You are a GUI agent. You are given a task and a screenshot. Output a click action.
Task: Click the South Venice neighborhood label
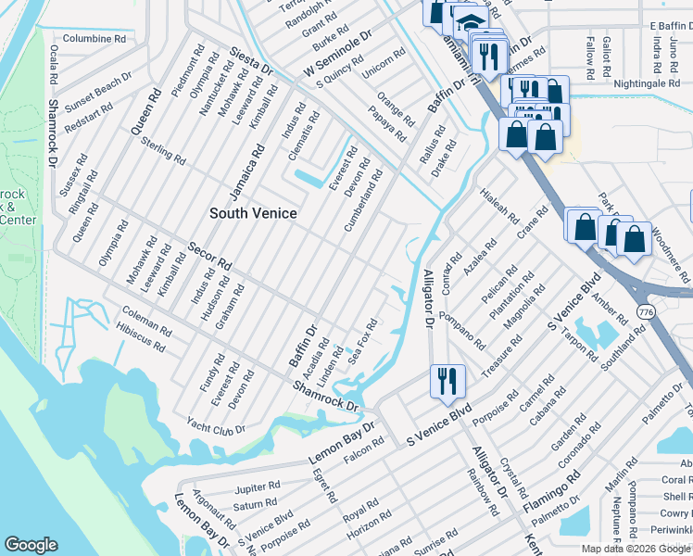(253, 213)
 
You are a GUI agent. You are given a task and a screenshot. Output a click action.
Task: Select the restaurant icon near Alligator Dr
(447, 380)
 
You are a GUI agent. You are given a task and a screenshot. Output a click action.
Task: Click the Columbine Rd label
(94, 39)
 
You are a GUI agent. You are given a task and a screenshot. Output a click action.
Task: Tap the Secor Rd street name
(209, 260)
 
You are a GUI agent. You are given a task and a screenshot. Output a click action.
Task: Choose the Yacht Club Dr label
(214, 429)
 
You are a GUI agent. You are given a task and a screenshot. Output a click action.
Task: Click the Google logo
(31, 545)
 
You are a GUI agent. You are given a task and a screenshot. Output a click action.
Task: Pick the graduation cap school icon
(471, 22)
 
